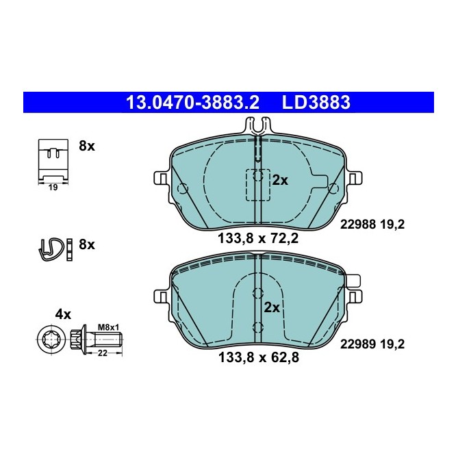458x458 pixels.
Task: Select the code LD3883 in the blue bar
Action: tap(316, 103)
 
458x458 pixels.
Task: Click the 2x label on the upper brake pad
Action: tap(280, 180)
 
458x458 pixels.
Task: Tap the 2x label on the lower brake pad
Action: tap(272, 307)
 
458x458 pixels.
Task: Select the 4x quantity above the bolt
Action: tap(63, 314)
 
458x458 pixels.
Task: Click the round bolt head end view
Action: tap(52, 339)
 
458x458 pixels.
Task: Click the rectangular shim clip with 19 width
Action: tap(53, 158)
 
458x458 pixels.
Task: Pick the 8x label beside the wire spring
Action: tap(87, 244)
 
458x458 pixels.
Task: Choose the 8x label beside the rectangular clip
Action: tap(87, 146)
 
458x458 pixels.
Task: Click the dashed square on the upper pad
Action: tap(257, 184)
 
